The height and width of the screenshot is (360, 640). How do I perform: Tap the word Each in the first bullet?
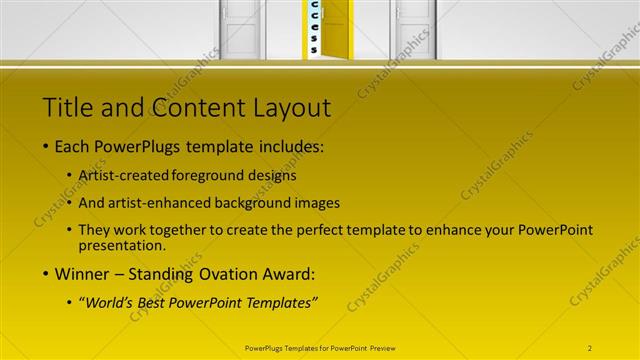73,147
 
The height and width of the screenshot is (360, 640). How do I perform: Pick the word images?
318,201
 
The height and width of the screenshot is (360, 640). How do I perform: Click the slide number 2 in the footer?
590,348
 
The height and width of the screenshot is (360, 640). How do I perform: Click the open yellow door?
334,26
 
